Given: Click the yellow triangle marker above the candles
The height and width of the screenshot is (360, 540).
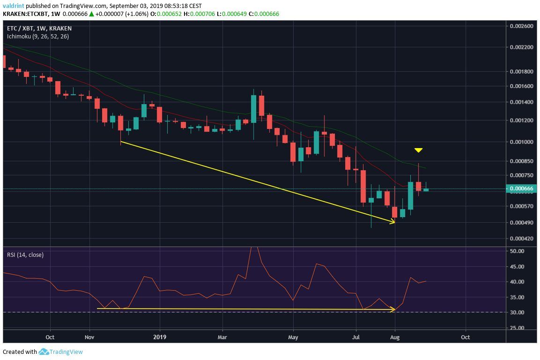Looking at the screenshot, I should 419,150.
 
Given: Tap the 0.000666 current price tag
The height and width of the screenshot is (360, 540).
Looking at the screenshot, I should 522,188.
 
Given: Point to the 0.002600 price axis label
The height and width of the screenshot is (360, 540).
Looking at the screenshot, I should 521,26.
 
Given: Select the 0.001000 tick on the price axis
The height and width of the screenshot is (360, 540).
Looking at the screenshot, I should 521,142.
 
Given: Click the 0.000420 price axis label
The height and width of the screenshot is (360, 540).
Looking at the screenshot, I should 521,239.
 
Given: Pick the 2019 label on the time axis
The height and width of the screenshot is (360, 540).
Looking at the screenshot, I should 160,337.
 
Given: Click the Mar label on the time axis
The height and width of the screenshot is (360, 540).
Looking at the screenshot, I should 223,337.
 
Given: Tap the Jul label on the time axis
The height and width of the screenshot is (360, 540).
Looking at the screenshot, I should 356,337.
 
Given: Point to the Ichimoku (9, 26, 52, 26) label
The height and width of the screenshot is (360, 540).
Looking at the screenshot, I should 37,36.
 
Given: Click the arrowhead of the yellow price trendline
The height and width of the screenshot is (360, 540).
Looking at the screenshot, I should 393,222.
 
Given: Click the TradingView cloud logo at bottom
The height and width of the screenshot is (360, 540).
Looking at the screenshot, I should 44,352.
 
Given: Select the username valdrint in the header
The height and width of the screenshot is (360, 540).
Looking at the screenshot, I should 14,6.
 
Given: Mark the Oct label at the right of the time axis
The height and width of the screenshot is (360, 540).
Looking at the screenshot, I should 466,337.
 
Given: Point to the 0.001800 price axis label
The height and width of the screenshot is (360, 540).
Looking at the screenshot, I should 521,72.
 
